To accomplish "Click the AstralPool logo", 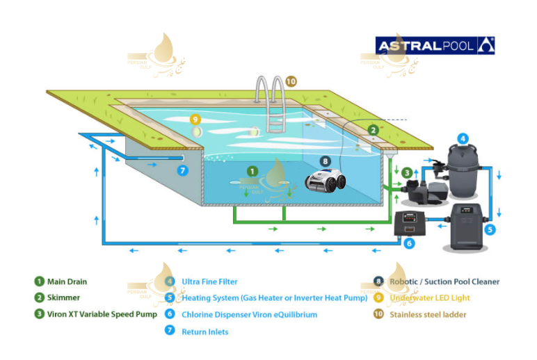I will coord(435,46).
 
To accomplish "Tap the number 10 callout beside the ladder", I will coord(291,81).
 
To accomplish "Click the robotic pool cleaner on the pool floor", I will coord(326,181).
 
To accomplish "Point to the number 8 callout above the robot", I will coord(325,161).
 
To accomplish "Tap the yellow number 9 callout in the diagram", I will coord(195,119).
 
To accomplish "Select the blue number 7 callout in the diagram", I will coord(182,170).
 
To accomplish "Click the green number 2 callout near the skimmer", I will coord(373,129).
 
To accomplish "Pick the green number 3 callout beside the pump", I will coord(406,172).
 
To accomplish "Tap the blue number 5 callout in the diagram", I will coord(490,228).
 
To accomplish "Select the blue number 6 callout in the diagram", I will coord(409,243).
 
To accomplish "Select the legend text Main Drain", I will coord(67,281).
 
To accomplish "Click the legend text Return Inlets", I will coord(205,332).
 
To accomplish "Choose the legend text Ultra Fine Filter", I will coord(209,281).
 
